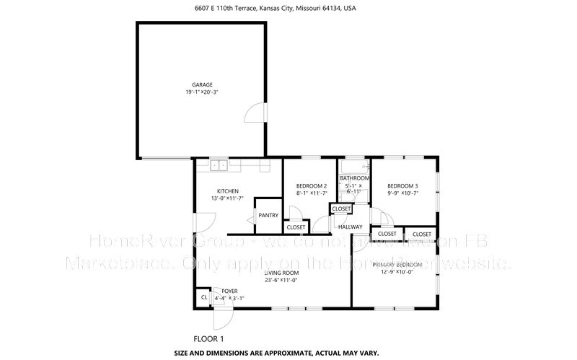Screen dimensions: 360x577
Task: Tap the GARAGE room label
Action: pyautogui.click(x=202, y=84)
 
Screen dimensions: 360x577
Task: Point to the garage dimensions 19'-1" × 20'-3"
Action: pyautogui.click(x=202, y=92)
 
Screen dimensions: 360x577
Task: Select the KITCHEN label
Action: pyautogui.click(x=218, y=190)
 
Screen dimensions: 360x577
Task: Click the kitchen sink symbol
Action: pyautogui.click(x=219, y=166)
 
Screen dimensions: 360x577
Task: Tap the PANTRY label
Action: pyautogui.click(x=268, y=215)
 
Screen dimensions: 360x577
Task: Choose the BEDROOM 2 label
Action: pyautogui.click(x=312, y=185)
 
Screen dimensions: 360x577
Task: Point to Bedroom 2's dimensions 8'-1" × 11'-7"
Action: pyautogui.click(x=312, y=193)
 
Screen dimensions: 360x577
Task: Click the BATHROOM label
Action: pyautogui.click(x=355, y=177)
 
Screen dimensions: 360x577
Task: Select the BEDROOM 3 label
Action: pyautogui.click(x=402, y=185)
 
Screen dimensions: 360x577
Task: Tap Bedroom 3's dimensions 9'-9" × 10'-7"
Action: pyautogui.click(x=402, y=193)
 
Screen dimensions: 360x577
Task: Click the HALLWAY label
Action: pyautogui.click(x=351, y=227)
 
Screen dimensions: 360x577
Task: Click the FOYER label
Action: pyautogui.click(x=229, y=291)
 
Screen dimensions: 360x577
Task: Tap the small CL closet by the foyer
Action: pyautogui.click(x=203, y=297)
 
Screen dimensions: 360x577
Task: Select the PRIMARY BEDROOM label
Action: pyautogui.click(x=393, y=265)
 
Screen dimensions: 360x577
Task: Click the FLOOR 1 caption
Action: pyautogui.click(x=209, y=338)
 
